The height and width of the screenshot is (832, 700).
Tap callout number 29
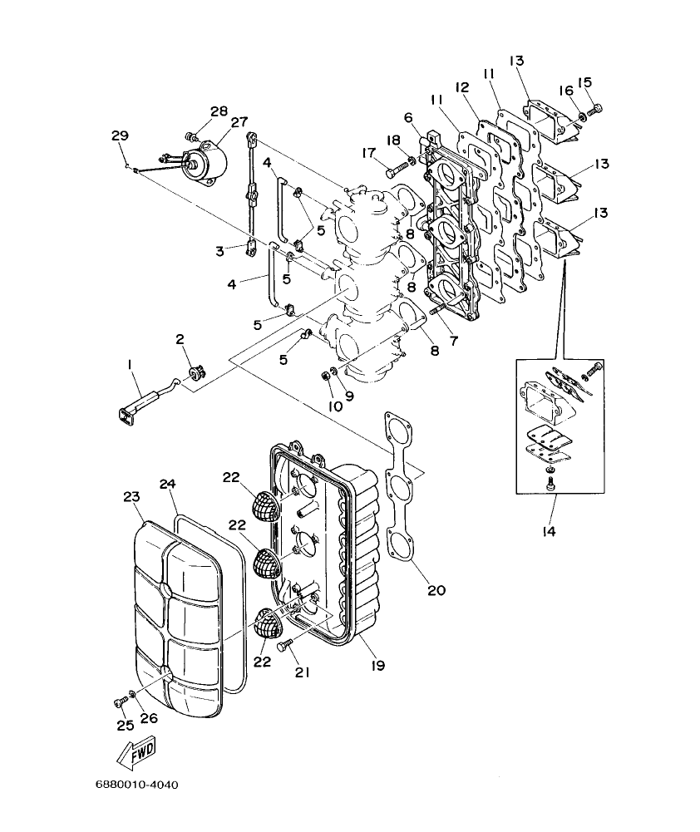[x=120, y=135]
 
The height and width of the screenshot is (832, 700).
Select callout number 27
[x=240, y=122]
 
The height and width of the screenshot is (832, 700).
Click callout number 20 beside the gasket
[x=436, y=591]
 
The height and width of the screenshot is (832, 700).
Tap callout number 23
[x=131, y=497]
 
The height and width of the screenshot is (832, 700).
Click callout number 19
[x=378, y=665]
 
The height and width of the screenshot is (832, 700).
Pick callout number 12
[x=463, y=87]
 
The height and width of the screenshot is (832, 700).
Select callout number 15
[x=584, y=82]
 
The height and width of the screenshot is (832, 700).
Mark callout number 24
[x=169, y=484]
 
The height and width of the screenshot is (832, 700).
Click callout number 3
[x=219, y=249]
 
